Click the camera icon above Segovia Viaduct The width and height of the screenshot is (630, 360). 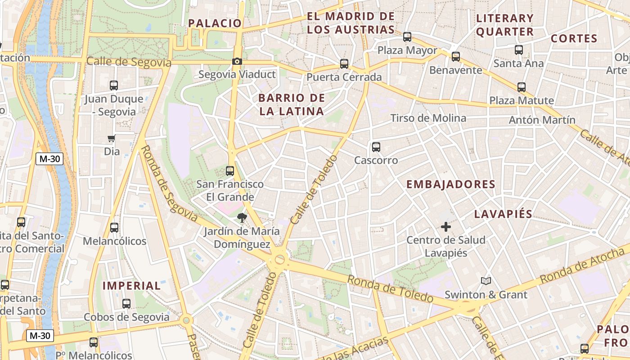[x=237, y=62]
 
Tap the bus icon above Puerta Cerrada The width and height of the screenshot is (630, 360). [x=344, y=64]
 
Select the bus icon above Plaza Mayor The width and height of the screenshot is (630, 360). [x=407, y=37]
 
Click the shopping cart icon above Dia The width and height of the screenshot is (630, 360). [x=111, y=138]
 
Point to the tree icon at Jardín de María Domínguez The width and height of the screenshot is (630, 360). [x=242, y=218]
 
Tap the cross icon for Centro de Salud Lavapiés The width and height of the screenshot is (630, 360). [x=445, y=227]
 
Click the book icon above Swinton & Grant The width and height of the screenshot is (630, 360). [x=486, y=281]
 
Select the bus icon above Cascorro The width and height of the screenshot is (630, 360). [x=376, y=147]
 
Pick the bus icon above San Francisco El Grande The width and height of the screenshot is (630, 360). [x=230, y=171]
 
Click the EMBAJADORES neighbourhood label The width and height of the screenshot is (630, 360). [x=450, y=184]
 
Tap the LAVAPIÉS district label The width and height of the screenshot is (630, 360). [x=503, y=214]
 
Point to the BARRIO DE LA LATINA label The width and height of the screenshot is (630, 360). [x=292, y=104]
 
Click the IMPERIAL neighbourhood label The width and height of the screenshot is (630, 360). [x=131, y=285]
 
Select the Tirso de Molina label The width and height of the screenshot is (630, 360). [x=428, y=118]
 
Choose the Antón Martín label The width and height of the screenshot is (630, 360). [x=542, y=120]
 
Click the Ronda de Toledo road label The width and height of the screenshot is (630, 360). [x=390, y=289]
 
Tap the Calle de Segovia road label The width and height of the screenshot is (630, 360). [x=129, y=62]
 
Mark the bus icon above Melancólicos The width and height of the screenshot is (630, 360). [x=114, y=228]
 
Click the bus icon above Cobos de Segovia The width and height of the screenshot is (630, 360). [x=126, y=304]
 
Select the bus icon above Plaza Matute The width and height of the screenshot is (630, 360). [x=522, y=87]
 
